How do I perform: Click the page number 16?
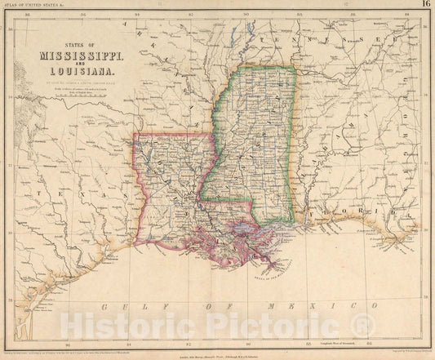click(x=424, y=5)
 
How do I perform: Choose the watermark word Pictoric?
click(x=270, y=328)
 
